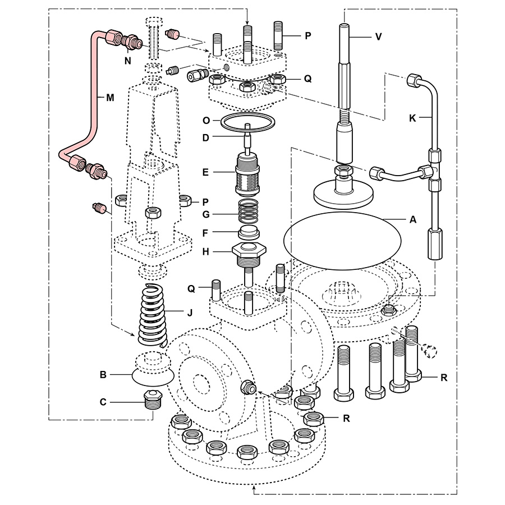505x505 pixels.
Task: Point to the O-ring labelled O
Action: tap(247, 120)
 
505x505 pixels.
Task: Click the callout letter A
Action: tap(412, 220)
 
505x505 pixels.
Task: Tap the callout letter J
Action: tap(190, 313)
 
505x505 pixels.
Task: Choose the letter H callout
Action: tap(206, 252)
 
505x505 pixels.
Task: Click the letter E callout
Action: tap(206, 172)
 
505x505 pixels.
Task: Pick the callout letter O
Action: tap(206, 120)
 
